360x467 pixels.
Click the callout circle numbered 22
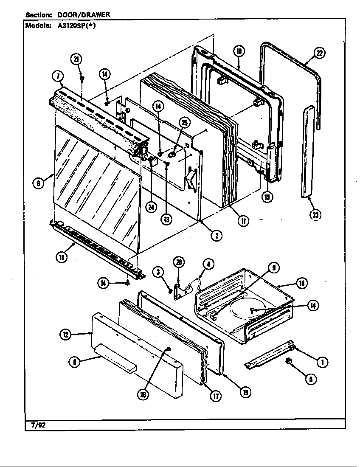click(318, 53)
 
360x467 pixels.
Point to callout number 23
click(315, 215)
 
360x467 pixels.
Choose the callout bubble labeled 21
click(77, 60)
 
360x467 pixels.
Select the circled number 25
click(184, 123)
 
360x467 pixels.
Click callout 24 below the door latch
click(151, 207)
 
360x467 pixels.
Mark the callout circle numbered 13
click(166, 219)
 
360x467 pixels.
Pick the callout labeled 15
click(267, 197)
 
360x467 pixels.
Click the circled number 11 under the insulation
click(244, 221)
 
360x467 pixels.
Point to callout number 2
click(217, 236)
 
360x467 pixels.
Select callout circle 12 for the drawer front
click(65, 335)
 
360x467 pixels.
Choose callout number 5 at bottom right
click(311, 379)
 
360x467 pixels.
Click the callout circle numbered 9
click(274, 267)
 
